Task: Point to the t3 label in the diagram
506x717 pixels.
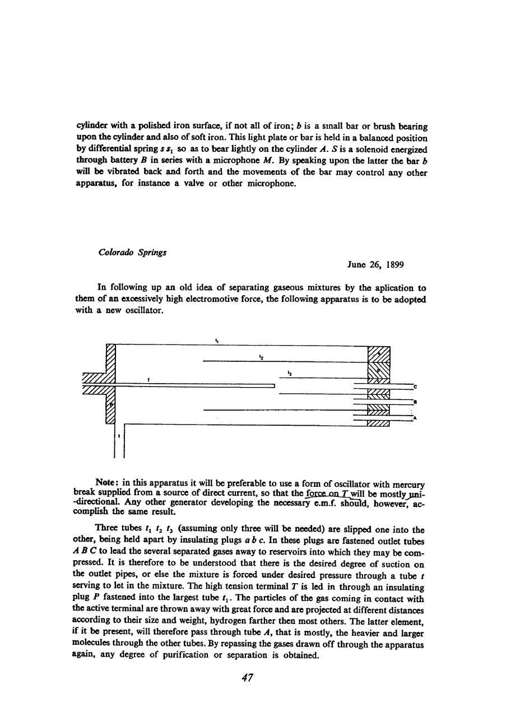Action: click(289, 372)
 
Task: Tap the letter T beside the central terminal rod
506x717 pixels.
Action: click(148, 380)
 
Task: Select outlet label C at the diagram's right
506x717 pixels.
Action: click(415, 387)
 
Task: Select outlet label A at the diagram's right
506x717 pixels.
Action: click(415, 418)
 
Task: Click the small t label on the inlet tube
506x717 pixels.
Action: click(118, 435)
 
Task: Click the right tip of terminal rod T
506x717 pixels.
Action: click(275, 385)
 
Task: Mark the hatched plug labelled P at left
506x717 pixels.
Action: click(111, 403)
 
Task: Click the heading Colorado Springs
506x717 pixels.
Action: click(132, 253)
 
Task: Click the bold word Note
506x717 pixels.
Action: click(106, 482)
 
